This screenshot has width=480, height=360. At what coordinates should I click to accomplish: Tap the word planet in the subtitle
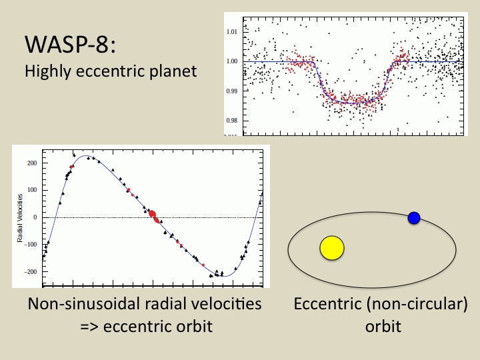click(176, 70)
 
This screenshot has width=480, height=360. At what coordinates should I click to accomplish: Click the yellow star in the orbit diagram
click(331, 248)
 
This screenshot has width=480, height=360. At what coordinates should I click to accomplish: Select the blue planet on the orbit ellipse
click(413, 217)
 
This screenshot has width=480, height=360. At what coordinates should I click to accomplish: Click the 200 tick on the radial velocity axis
click(32, 163)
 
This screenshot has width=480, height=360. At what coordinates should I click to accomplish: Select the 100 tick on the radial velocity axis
click(32, 190)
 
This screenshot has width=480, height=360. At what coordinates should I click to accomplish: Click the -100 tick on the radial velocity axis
click(31, 245)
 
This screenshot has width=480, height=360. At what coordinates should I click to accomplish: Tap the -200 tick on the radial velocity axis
click(31, 272)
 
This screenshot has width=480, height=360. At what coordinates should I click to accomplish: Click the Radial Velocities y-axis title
click(20, 217)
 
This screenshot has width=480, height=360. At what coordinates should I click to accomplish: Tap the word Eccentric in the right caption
click(327, 304)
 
